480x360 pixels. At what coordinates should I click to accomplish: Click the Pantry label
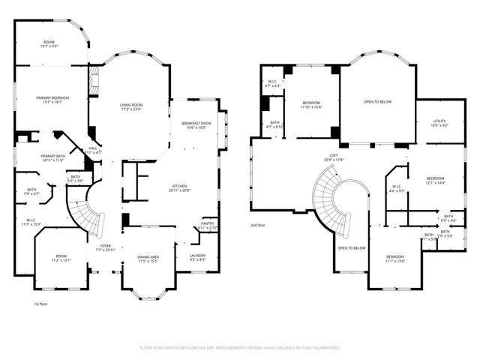tap(207, 224)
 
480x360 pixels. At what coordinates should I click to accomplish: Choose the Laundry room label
tap(198, 256)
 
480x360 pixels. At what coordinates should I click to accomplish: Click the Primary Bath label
tap(47, 157)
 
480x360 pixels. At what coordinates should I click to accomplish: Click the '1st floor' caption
tap(41, 304)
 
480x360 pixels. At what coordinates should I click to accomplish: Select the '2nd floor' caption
tap(259, 225)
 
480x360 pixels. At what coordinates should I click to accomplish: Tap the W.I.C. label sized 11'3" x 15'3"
tap(31, 222)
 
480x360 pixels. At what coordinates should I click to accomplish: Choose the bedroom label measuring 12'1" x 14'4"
tap(436, 180)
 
